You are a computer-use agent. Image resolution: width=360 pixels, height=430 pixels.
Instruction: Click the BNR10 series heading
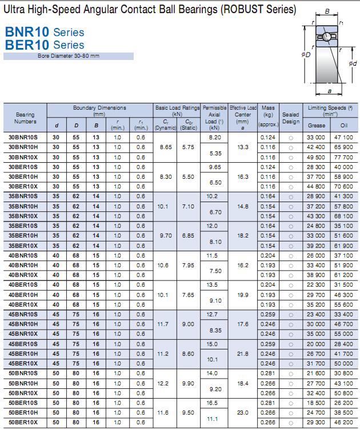[44, 32]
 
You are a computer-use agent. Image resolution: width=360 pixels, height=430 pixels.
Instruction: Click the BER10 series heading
[44, 45]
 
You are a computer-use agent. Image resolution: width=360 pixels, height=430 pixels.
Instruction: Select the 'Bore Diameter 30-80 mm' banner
[69, 56]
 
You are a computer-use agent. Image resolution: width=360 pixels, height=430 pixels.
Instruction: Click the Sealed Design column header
[290, 118]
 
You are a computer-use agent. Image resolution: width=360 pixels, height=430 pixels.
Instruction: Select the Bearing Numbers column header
[25, 118]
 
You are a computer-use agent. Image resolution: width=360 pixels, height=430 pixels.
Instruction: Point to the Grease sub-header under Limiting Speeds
[316, 124]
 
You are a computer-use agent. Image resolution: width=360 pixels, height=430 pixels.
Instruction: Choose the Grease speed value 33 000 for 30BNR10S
[316, 138]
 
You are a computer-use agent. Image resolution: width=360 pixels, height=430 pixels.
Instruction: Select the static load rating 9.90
[189, 383]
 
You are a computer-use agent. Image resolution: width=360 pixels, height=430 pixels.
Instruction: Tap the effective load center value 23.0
[243, 412]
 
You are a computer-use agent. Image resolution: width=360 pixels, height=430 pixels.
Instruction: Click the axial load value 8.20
[215, 138]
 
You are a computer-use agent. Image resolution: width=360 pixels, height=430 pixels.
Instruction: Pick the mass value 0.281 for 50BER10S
[267, 403]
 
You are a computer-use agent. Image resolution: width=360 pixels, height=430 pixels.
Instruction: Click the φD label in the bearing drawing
[306, 55]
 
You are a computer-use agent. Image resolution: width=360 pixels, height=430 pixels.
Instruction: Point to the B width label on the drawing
[326, 11]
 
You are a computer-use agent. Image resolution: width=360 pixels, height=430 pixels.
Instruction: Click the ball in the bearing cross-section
[325, 37]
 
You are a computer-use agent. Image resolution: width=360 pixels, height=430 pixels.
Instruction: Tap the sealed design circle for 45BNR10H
[291, 324]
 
